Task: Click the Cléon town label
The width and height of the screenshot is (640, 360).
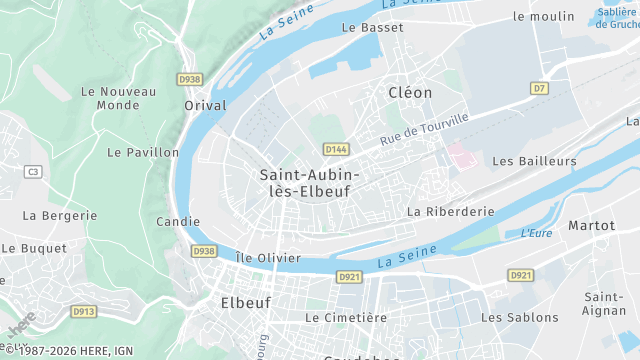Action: pos(410,92)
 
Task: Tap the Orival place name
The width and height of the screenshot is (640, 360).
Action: pos(206,105)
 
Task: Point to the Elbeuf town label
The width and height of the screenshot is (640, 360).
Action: pos(244,300)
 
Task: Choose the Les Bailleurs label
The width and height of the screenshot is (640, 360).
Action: pos(535,160)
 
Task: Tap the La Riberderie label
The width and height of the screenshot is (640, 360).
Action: pos(451,212)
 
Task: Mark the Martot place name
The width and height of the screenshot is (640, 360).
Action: pos(591,226)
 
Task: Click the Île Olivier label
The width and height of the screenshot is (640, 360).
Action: pos(267,257)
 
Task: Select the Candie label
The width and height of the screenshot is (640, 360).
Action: pos(179,222)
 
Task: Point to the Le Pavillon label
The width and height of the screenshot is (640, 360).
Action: pos(143,153)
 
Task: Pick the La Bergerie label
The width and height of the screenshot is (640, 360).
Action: pos(60,215)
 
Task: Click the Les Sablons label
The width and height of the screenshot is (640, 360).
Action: pos(520,317)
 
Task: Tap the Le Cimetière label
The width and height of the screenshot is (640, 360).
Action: pos(346,317)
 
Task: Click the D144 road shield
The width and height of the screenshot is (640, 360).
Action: pos(336,149)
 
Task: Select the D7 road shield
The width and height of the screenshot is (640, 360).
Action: pos(541,89)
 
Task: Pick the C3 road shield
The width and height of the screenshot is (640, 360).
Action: pos(33,172)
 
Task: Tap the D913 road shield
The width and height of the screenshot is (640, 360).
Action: pos(85,312)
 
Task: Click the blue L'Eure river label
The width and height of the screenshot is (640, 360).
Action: pos(537,233)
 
